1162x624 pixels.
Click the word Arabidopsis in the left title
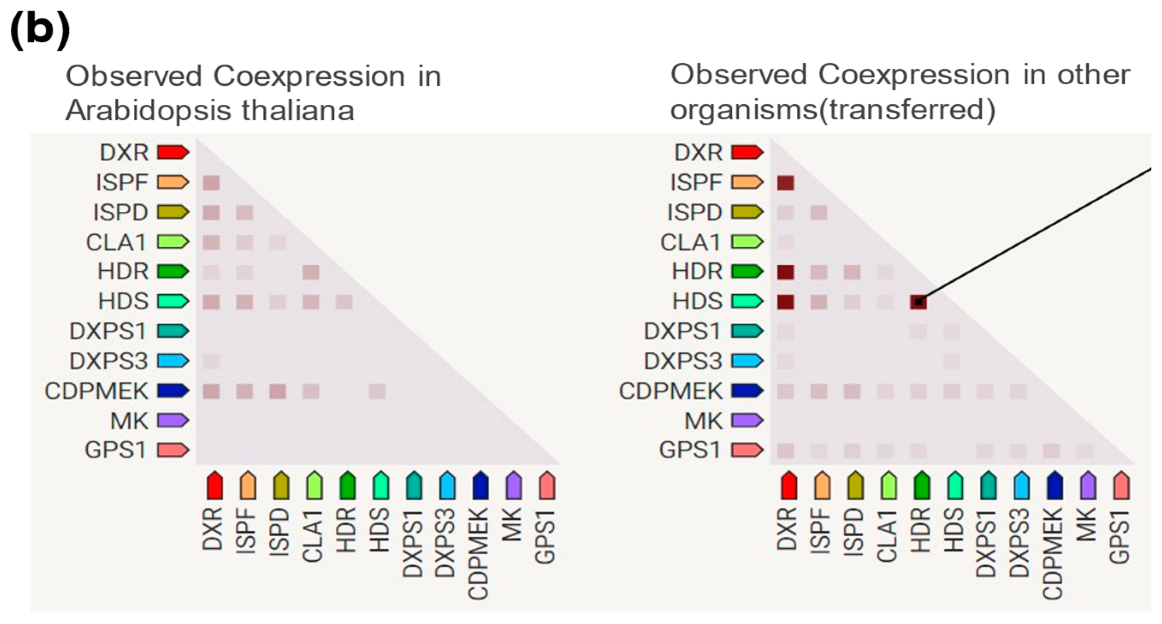pyautogui.click(x=149, y=110)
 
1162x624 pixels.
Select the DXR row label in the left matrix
pyautogui.click(x=124, y=153)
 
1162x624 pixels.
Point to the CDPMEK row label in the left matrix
pyautogui.click(x=96, y=391)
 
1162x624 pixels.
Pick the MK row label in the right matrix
pyautogui.click(x=703, y=421)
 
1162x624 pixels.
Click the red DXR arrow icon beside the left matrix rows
pyautogui.click(x=173, y=153)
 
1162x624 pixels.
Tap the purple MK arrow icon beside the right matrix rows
pyautogui.click(x=747, y=420)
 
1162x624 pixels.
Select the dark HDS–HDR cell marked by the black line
pyautogui.click(x=918, y=302)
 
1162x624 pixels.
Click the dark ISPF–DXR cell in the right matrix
pyautogui.click(x=786, y=183)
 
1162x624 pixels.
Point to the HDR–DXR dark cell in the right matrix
pyautogui.click(x=786, y=272)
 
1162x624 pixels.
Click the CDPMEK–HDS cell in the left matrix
pyautogui.click(x=377, y=392)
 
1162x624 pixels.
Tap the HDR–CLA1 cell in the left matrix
pyautogui.click(x=311, y=272)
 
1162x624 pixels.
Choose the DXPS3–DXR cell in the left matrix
pyautogui.click(x=211, y=361)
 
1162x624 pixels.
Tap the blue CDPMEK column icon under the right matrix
pyautogui.click(x=1055, y=485)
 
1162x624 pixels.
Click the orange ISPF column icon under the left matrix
pyautogui.click(x=247, y=485)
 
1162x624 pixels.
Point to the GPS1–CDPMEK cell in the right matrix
pyautogui.click(x=1052, y=450)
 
